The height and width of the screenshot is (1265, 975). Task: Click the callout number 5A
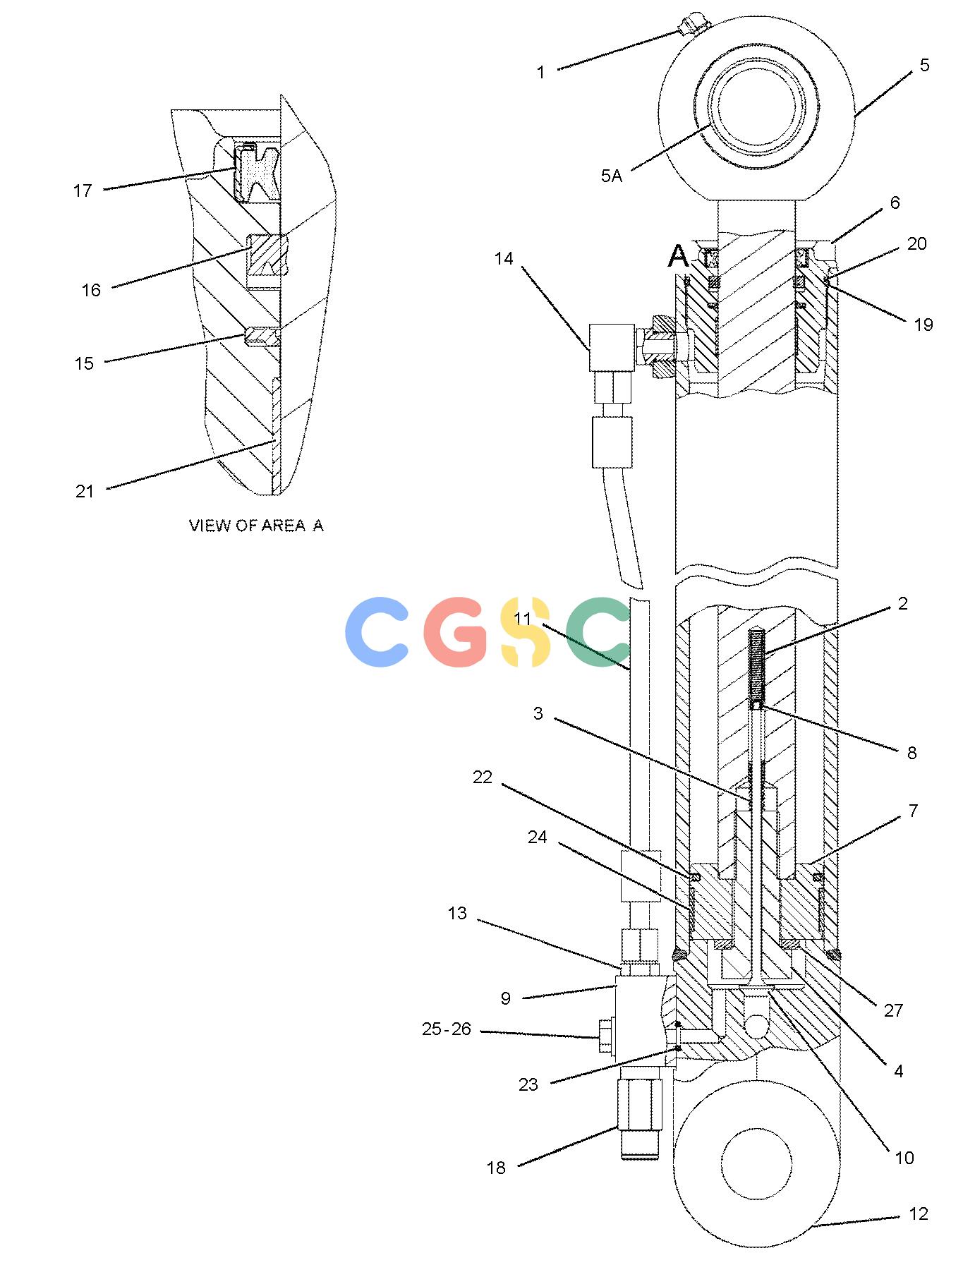click(611, 176)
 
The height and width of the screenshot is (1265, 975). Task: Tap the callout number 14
click(503, 259)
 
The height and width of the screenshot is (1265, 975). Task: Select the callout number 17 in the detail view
click(83, 190)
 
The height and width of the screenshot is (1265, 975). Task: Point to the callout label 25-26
click(446, 1029)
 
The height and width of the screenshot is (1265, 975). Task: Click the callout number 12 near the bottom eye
click(918, 1214)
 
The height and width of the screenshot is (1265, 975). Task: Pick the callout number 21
click(85, 492)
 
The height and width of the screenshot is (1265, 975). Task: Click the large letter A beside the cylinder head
click(677, 257)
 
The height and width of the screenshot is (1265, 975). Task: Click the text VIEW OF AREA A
click(256, 526)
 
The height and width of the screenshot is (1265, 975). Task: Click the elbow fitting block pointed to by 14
click(611, 346)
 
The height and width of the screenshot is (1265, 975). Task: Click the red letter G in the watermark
click(456, 631)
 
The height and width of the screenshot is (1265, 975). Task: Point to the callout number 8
click(911, 753)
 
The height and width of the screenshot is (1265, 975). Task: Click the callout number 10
click(904, 1158)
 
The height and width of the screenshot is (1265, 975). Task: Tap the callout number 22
click(482, 777)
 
